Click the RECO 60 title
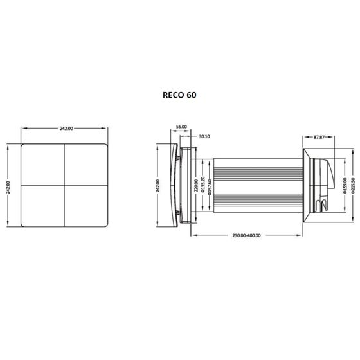[180, 94]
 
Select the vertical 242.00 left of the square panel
[8, 186]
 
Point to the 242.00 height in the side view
[157, 186]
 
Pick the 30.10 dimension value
[205, 136]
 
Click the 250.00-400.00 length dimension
[246, 235]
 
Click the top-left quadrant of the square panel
[43, 164]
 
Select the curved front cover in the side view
[174, 186]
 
